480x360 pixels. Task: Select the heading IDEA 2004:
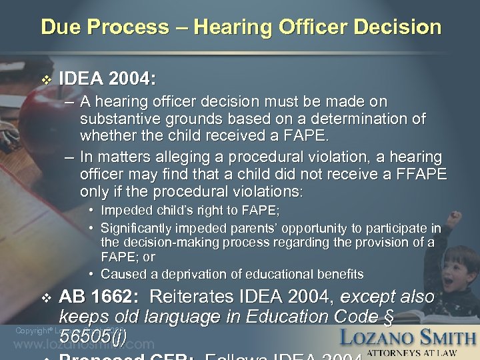pos(107,80)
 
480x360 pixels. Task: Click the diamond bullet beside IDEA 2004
pos(45,80)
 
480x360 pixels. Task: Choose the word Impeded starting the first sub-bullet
pos(125,211)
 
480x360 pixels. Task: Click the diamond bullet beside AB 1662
pos(45,298)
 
